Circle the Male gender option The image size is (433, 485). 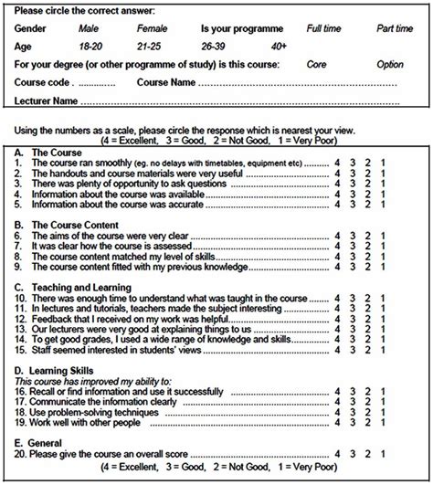(92, 30)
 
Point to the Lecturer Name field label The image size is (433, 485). (51, 99)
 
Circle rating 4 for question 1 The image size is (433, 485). (338, 162)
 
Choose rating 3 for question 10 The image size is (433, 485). (354, 297)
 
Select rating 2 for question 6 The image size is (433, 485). (368, 236)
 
